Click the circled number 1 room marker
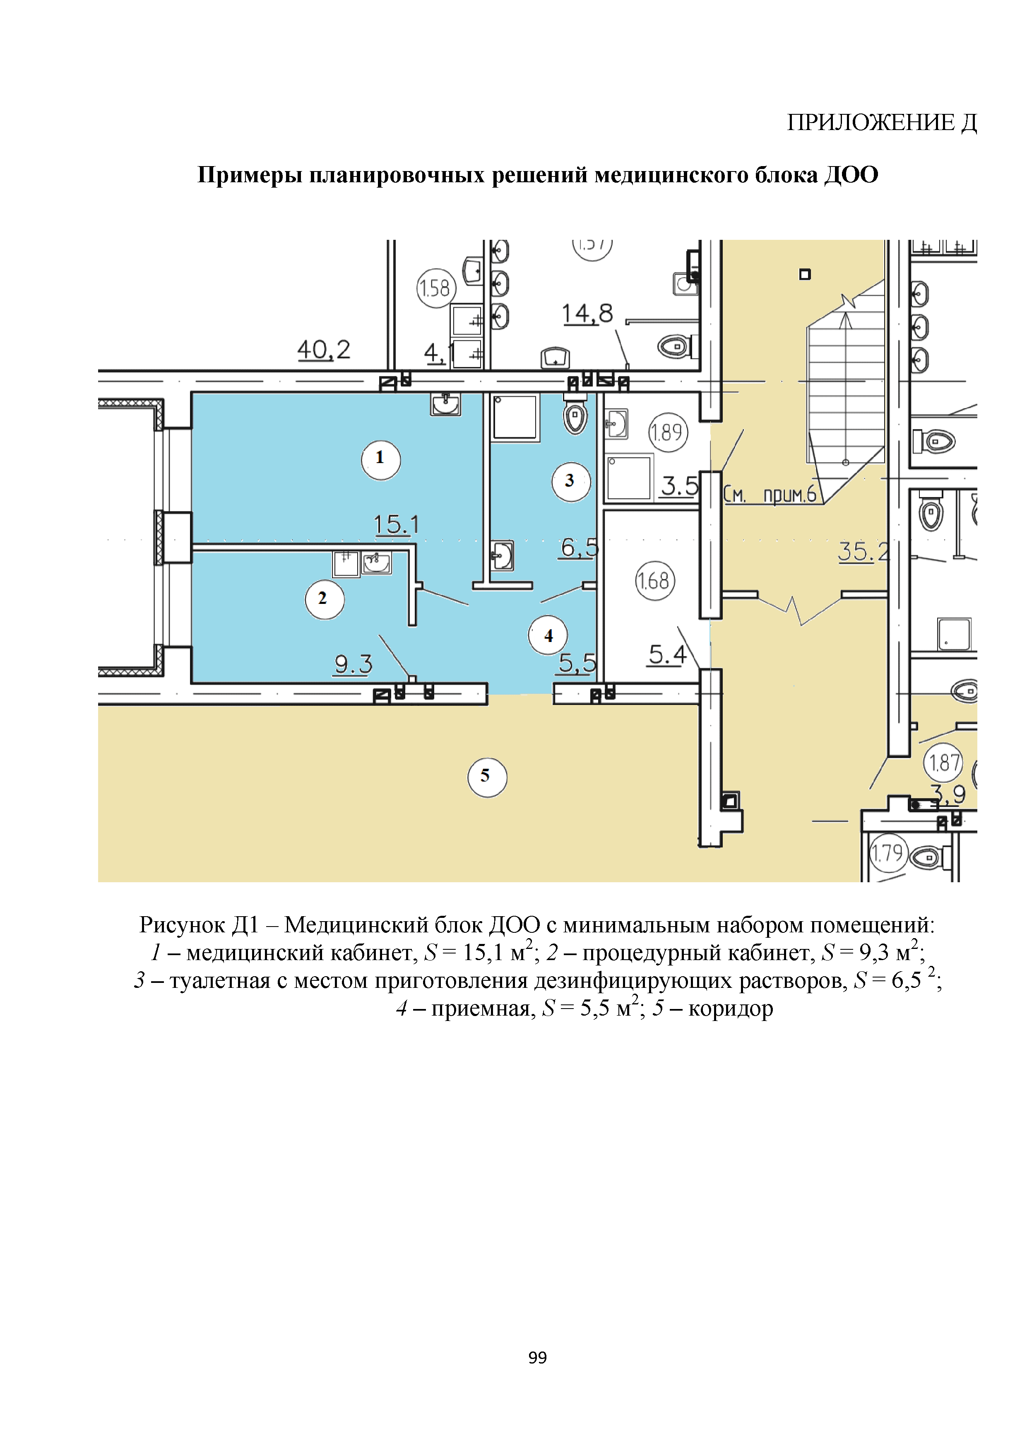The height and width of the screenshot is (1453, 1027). (x=381, y=459)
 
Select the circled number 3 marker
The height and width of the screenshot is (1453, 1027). (x=571, y=482)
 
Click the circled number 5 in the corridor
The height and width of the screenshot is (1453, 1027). (x=487, y=777)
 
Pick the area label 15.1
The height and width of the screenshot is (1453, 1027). (x=396, y=525)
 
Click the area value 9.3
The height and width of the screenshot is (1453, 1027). (x=353, y=664)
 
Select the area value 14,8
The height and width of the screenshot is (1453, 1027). (x=587, y=314)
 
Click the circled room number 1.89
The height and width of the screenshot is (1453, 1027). (x=668, y=432)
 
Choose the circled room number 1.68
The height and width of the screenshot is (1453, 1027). (x=654, y=580)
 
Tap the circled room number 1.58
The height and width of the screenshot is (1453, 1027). (x=436, y=289)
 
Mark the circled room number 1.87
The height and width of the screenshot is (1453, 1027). (x=943, y=763)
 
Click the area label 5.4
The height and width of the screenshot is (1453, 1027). (x=667, y=654)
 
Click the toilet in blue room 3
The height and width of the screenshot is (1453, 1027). (x=575, y=417)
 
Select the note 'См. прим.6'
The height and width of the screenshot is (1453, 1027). (x=770, y=494)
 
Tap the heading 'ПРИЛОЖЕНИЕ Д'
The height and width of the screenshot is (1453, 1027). (x=882, y=123)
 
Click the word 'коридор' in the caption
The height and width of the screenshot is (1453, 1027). (x=731, y=1009)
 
